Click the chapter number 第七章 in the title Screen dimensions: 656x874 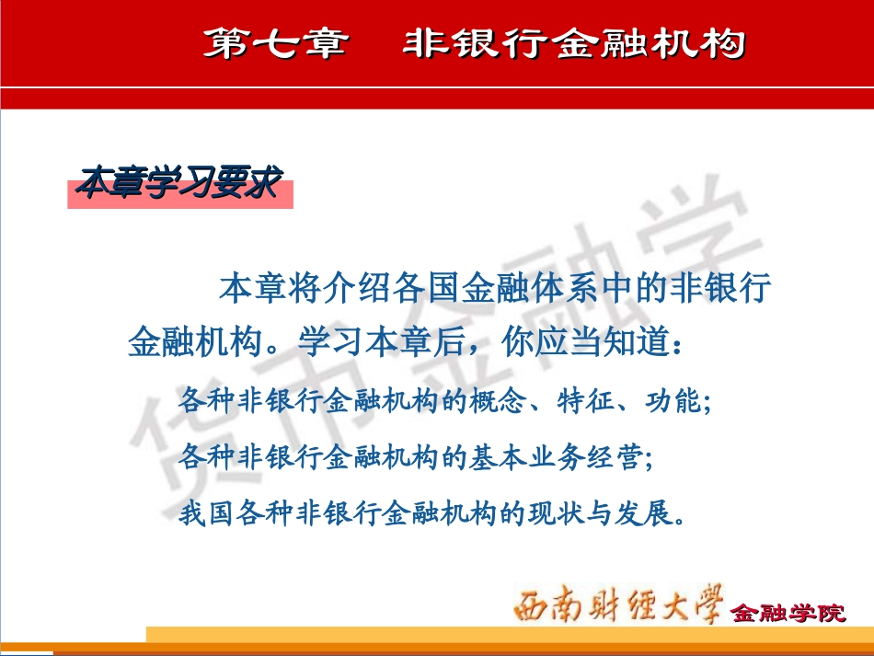click(275, 44)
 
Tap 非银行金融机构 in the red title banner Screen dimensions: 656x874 click(573, 44)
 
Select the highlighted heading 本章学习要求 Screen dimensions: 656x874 click(178, 183)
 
